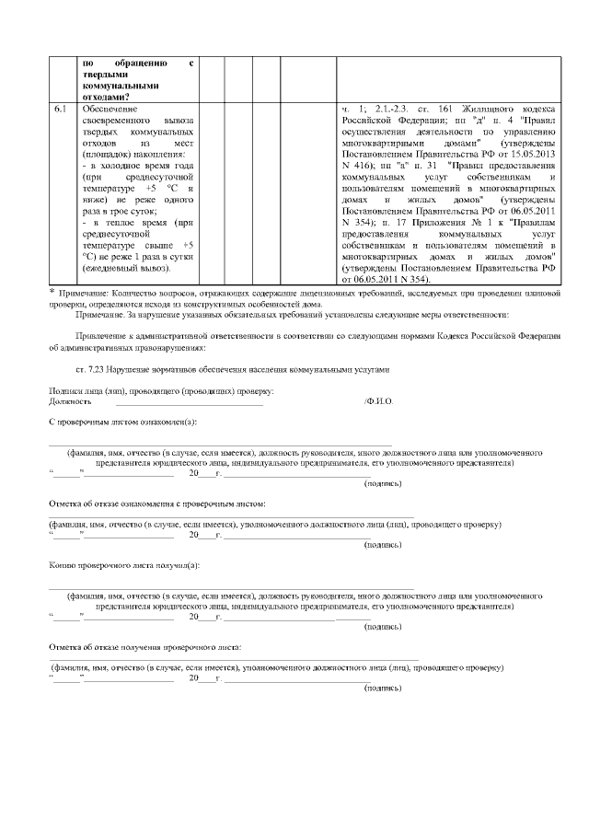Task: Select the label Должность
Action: pyautogui.click(x=70, y=402)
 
